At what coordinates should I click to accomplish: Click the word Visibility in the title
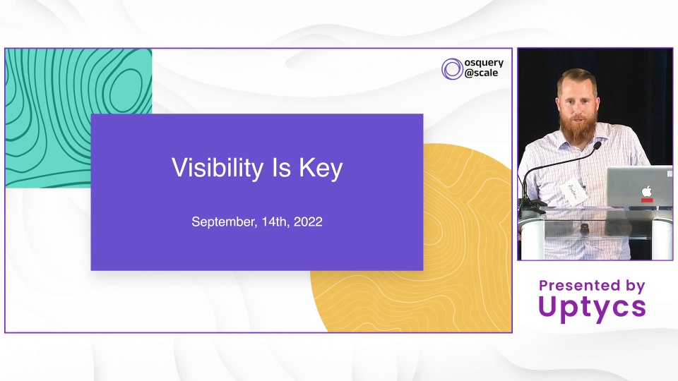pos(218,168)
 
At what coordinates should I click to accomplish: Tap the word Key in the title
pos(321,168)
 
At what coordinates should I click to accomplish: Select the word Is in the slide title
pos(281,167)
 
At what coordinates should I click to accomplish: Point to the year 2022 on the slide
pos(308,222)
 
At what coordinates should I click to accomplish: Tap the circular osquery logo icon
pos(452,68)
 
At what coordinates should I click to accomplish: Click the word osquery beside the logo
pos(484,64)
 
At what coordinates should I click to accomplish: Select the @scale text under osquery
pos(481,73)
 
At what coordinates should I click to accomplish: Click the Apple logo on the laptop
pos(646,190)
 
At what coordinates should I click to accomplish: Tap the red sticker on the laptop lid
pos(647,200)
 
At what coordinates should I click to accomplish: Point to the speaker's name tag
pos(573,192)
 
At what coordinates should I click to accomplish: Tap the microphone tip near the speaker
pos(597,146)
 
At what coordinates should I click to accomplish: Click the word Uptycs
pos(592,307)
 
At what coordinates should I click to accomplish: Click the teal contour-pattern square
pos(78,118)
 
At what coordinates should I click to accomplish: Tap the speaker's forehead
pos(577,89)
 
